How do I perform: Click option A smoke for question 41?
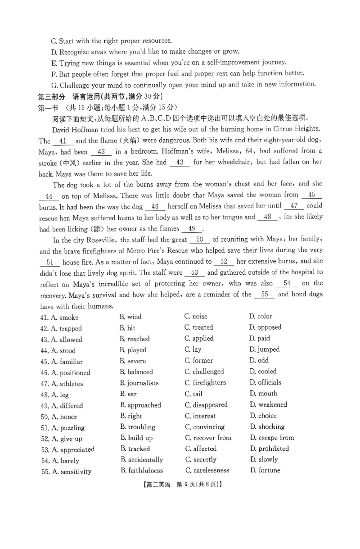click(x=65, y=318)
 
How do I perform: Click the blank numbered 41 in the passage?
click(x=63, y=141)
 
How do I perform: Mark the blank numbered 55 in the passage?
click(x=265, y=295)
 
